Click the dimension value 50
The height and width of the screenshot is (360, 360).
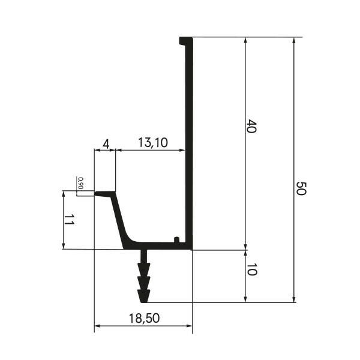point(301,188)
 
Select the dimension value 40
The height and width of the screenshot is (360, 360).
point(251,126)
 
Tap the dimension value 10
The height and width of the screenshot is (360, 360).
point(251,269)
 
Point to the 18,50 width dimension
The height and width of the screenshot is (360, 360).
point(144,319)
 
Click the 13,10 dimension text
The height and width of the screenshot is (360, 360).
point(153,143)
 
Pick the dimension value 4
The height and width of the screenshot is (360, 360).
point(106,145)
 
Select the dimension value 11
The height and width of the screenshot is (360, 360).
point(69,220)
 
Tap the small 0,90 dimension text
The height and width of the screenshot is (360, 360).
point(80,183)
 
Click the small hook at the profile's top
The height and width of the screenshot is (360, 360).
point(183,41)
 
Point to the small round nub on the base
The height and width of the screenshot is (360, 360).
point(176,239)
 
